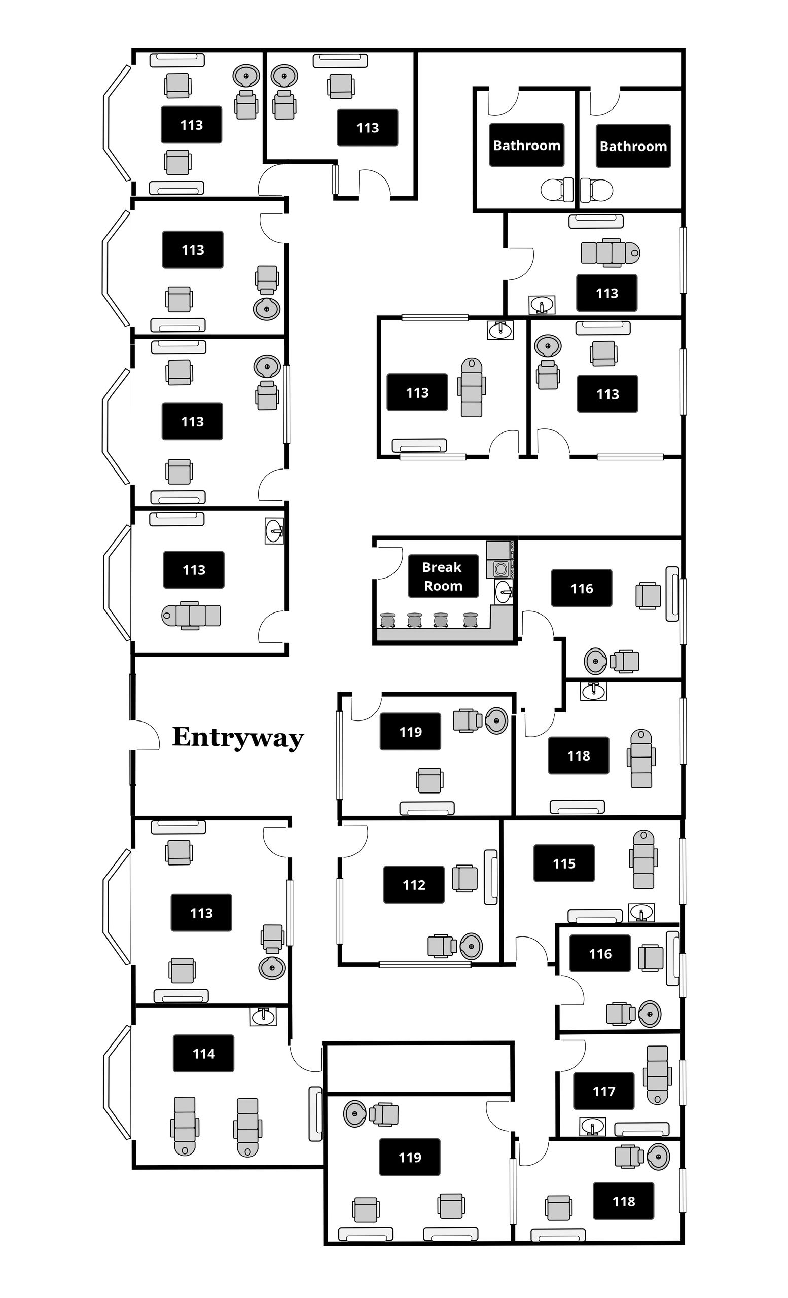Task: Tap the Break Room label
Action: pyautogui.click(x=443, y=576)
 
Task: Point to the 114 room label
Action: pyautogui.click(x=203, y=1054)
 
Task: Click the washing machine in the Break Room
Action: pyautogui.click(x=500, y=569)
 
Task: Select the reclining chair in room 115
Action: pyautogui.click(x=643, y=859)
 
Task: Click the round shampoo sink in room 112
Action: pyautogui.click(x=471, y=946)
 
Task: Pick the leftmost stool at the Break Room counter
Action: pyautogui.click(x=388, y=620)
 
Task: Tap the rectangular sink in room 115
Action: pyautogui.click(x=641, y=912)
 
